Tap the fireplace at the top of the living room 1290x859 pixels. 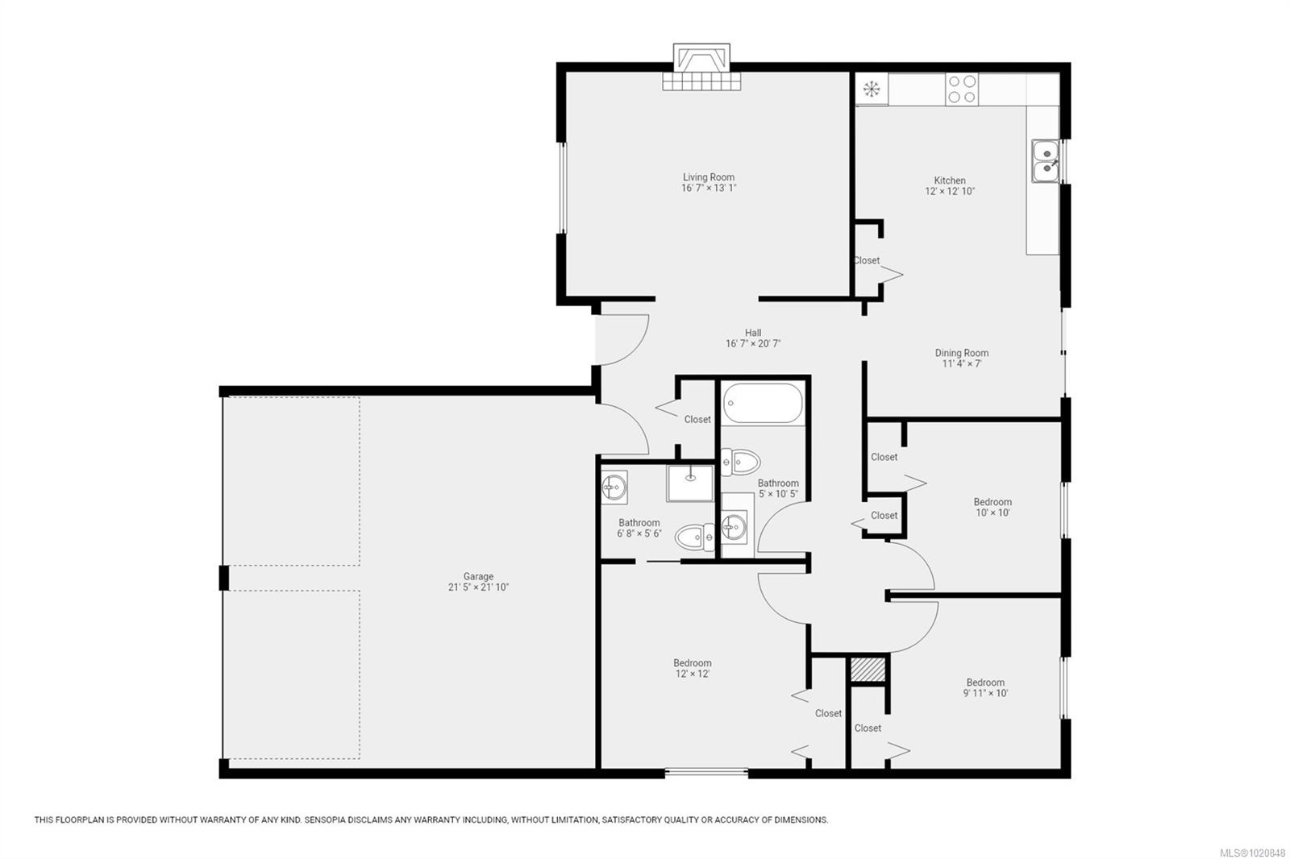pos(701,67)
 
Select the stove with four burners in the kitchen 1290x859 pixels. pos(962,89)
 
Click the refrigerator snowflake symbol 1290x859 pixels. pos(872,89)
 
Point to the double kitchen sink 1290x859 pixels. pos(1045,160)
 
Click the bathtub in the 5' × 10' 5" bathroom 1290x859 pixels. pos(763,403)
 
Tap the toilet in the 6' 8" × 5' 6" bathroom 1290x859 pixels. pos(694,537)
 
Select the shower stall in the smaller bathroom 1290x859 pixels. pos(690,483)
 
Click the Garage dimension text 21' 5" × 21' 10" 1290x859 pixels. pos(478,587)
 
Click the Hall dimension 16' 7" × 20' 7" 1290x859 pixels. pos(753,344)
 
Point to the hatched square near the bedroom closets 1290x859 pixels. pos(868,669)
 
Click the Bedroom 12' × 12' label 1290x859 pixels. pos(693,669)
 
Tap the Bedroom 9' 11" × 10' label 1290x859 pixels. pos(985,688)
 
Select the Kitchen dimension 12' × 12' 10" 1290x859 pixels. pos(950,191)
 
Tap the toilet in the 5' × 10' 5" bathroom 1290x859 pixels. pos(741,462)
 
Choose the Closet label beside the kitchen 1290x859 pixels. pos(866,260)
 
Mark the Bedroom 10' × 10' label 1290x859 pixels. pos(992,507)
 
